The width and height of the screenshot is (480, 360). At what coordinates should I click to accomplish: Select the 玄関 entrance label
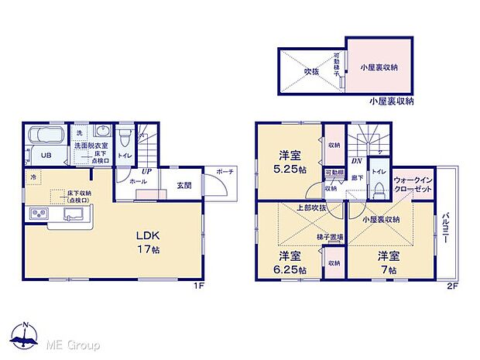[x=184, y=184]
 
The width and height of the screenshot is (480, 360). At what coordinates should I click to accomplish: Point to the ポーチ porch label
[x=226, y=170]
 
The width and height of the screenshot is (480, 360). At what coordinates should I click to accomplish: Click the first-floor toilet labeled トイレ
[x=125, y=155]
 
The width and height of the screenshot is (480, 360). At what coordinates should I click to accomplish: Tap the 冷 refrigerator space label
[x=33, y=177]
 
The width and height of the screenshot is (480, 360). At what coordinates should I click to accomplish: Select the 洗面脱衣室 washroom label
[x=91, y=145]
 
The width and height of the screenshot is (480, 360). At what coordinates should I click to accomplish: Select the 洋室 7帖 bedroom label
[x=388, y=262]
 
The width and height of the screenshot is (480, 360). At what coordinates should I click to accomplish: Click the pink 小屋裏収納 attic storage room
[x=379, y=67]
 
